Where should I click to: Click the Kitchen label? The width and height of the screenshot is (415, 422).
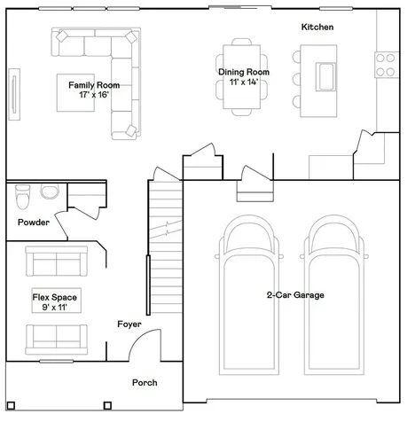317,27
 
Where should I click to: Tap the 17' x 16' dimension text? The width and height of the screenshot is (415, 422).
94,95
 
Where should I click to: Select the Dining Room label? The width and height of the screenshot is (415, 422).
244,72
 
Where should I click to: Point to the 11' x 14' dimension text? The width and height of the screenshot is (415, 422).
244,82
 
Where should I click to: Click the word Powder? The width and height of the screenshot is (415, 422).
34,223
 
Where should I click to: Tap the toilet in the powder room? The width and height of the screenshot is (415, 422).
23,197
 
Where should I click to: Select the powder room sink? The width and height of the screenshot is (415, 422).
50,191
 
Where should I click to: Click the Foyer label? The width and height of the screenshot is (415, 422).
129,324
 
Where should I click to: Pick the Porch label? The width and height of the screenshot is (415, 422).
145,383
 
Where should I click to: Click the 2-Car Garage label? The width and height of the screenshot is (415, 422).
295,295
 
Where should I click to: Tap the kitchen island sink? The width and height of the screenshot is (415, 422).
325,76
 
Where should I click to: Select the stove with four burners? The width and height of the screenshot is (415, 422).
387,65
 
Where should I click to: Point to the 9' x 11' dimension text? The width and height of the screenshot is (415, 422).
55,308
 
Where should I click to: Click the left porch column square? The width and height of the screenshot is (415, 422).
11,405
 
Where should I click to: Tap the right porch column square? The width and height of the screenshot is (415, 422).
107,405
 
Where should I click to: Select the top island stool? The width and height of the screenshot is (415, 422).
296,57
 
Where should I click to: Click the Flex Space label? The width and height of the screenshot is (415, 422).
55,297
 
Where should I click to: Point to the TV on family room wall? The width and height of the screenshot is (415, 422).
14,94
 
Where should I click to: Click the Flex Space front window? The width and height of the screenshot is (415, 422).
57,361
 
